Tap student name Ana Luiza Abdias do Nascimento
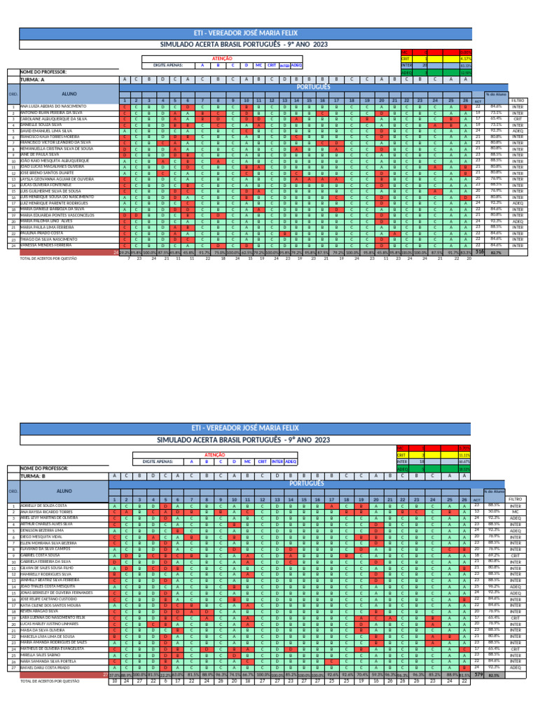(53, 106)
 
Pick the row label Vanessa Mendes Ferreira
(46, 246)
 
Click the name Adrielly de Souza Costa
(46, 505)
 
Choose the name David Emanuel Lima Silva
(46, 131)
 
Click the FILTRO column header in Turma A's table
(518, 101)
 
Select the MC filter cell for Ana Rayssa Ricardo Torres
(515, 511)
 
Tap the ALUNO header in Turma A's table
(69, 93)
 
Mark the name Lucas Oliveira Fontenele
(48, 184)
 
